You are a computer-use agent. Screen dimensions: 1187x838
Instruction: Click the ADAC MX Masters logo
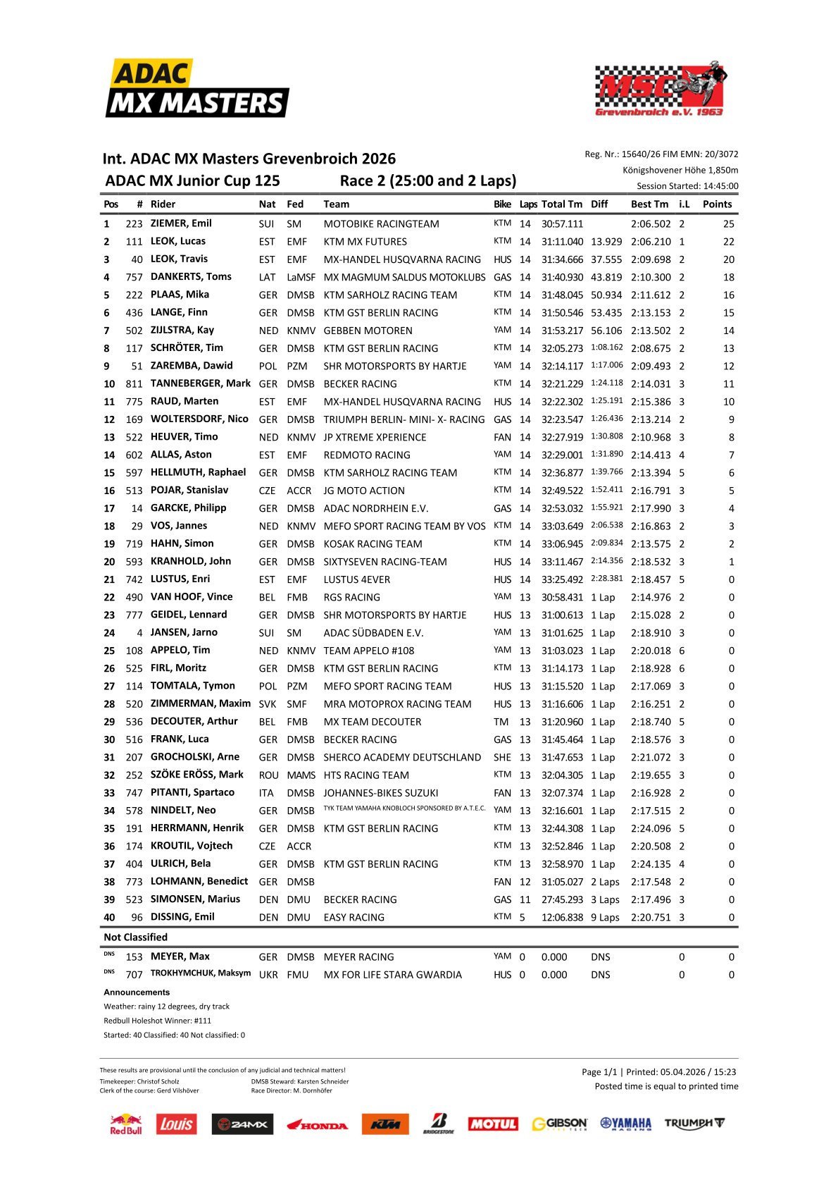pyautogui.click(x=197, y=89)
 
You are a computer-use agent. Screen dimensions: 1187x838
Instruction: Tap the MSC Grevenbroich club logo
pyautogui.click(x=660, y=88)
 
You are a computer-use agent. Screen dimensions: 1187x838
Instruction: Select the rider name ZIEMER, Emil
pyautogui.click(x=181, y=223)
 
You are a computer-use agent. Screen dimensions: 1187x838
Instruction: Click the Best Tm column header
pyautogui.click(x=649, y=204)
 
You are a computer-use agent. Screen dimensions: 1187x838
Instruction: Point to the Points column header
pyautogui.click(x=717, y=204)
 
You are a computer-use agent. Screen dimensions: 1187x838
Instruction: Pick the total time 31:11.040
pyautogui.click(x=562, y=242)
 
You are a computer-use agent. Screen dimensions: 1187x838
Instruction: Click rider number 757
pyautogui.click(x=134, y=277)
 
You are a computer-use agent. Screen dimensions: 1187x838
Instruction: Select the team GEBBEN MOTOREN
pyautogui.click(x=368, y=331)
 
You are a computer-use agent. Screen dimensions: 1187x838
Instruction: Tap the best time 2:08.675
pyautogui.click(x=651, y=348)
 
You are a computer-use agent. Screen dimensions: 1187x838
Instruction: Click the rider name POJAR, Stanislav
pyautogui.click(x=189, y=491)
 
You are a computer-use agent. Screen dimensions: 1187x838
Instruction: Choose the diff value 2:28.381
pyautogui.click(x=606, y=579)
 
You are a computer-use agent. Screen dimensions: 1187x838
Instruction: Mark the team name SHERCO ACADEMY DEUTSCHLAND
pyautogui.click(x=402, y=757)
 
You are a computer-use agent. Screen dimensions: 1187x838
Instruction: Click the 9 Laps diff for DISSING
pyautogui.click(x=605, y=918)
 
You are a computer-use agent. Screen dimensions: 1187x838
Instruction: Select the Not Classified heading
pyautogui.click(x=136, y=937)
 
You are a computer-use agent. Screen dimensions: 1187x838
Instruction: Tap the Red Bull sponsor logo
pyautogui.click(x=126, y=1124)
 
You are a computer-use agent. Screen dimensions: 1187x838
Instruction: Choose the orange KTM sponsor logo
pyautogui.click(x=385, y=1124)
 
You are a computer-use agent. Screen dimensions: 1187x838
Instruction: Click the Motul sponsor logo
pyautogui.click(x=493, y=1124)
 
